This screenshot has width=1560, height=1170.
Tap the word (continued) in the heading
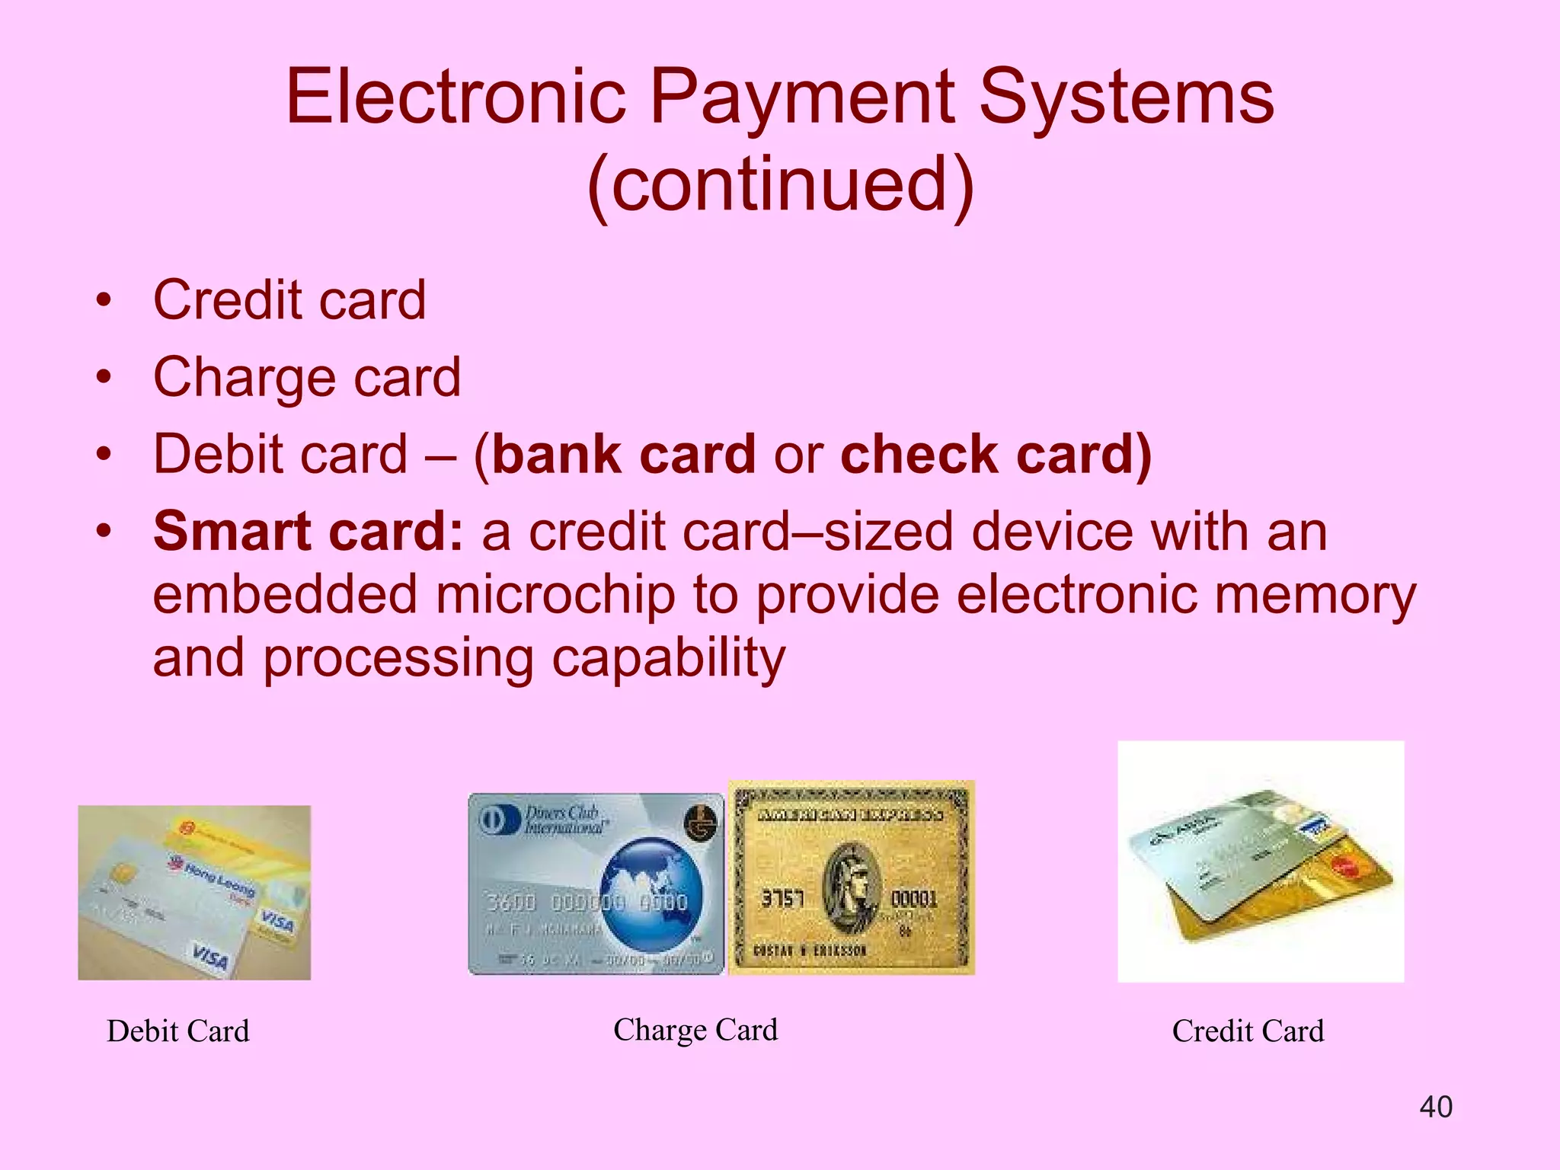(x=780, y=185)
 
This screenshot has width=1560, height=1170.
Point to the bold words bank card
(x=623, y=455)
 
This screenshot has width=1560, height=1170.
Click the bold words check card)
(x=995, y=455)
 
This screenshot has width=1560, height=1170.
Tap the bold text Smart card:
(x=308, y=531)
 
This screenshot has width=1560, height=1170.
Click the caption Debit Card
(x=177, y=1031)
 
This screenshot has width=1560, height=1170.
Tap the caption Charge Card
(x=695, y=1030)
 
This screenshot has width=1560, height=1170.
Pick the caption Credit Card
(x=1248, y=1031)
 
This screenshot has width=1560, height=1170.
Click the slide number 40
(x=1436, y=1107)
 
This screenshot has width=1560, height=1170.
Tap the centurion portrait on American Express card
(x=852, y=887)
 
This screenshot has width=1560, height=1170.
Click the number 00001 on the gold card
(x=913, y=899)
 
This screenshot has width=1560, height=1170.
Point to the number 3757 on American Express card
(x=782, y=899)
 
